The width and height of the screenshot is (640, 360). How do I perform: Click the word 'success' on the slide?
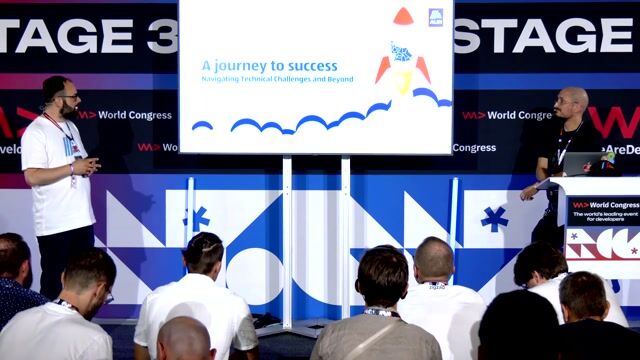[312, 66]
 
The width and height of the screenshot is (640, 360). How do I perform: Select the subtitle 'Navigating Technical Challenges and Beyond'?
[277, 79]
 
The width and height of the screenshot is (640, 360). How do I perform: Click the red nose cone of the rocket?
[403, 16]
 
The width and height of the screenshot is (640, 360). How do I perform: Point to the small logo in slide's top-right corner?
[436, 17]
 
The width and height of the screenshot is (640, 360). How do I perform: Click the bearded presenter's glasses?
[68, 97]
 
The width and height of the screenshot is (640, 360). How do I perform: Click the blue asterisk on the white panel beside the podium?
[494, 218]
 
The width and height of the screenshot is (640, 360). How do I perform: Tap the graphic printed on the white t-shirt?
[72, 150]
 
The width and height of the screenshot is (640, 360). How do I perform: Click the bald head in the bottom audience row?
[185, 339]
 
